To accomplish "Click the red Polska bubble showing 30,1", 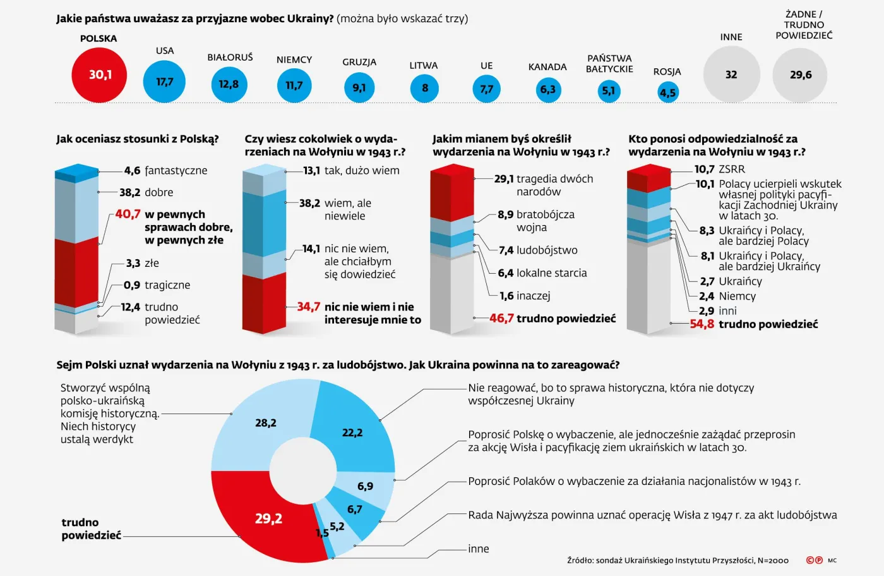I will point(99,75).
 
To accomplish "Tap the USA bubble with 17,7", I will point(164,82).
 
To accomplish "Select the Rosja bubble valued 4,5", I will point(667,93).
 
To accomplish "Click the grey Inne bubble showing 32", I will point(731,75).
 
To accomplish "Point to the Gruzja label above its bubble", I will point(359,62).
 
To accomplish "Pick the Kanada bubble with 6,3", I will point(547,89).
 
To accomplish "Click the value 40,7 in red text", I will point(128,214).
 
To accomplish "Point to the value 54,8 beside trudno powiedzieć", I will point(702,324).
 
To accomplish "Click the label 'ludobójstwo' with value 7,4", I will point(547,250).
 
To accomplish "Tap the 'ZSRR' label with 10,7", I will point(732,169).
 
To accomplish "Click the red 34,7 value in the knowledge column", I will point(309,307).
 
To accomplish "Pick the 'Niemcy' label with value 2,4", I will point(737,296).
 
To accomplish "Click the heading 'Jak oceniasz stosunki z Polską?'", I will point(138,139).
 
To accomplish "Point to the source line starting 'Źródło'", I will point(678,560).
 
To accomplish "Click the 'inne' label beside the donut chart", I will point(479,549).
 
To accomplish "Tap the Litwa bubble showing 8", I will point(424,88).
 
